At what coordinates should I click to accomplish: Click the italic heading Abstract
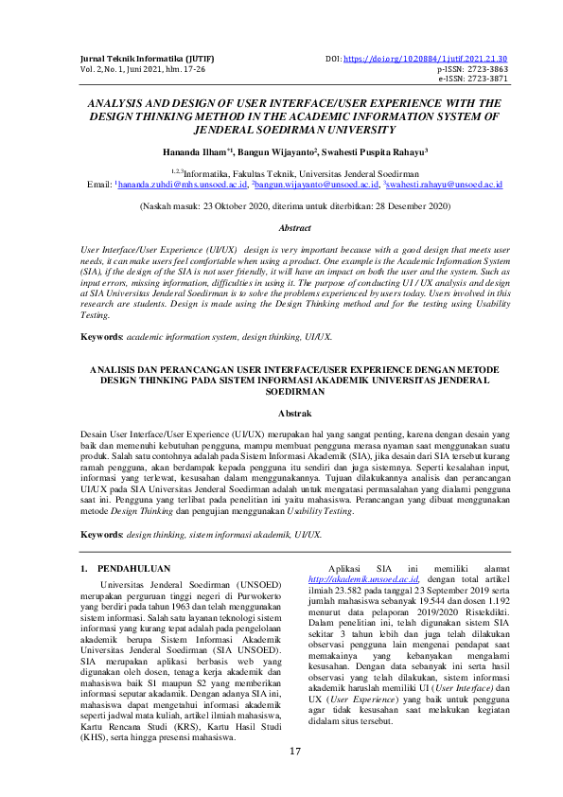[x=281, y=228]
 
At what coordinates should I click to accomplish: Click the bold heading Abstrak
[x=281, y=413]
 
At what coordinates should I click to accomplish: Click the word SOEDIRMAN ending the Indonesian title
[x=281, y=389]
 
